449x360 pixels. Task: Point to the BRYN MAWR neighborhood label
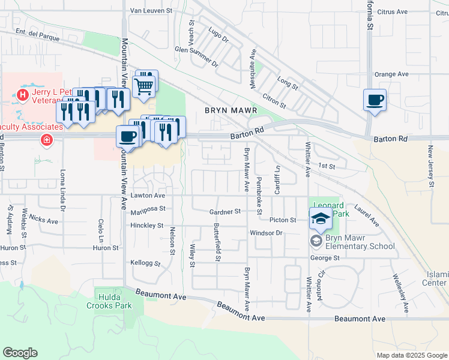(231, 110)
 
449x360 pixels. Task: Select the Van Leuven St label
(151, 10)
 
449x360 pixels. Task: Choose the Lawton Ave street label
(148, 196)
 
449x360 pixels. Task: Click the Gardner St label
(224, 211)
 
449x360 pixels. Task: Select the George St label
(325, 258)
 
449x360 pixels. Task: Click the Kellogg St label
(145, 263)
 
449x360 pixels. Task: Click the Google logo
(20, 353)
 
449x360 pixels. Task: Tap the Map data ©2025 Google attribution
(412, 355)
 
